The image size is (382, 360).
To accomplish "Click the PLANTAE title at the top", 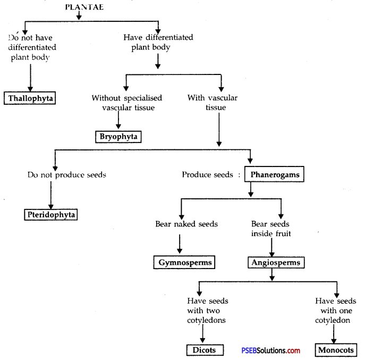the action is point(84,7).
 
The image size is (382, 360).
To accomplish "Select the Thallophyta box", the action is point(30,98).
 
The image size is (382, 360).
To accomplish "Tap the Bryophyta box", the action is point(118,137).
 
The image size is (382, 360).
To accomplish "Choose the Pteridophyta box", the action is point(50,215).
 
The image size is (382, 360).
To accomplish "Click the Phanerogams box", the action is point(274,174).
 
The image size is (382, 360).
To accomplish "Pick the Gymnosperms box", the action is point(184,262).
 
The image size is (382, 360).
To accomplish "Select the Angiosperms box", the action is point(276,263).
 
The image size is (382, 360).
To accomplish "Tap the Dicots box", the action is point(205,350).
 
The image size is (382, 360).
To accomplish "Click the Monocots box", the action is point(336,350).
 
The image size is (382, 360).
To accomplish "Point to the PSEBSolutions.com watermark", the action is point(270,350).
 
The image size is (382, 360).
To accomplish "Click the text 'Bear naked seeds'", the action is point(186,224).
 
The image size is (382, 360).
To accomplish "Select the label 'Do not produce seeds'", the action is point(67,175).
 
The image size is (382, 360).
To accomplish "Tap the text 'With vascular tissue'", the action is point(213,103).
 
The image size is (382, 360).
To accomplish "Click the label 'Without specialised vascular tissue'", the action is point(127,103).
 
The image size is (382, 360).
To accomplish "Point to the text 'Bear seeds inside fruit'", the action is point(271,229).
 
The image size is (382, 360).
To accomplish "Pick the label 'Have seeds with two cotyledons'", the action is point(208,311).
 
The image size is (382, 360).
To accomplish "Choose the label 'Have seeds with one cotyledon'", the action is point(335,311).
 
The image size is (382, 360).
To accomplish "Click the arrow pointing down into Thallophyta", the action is point(30,78).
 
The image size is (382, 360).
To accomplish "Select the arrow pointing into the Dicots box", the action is point(202,333).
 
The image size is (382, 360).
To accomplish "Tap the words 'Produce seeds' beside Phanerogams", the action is point(208,174).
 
